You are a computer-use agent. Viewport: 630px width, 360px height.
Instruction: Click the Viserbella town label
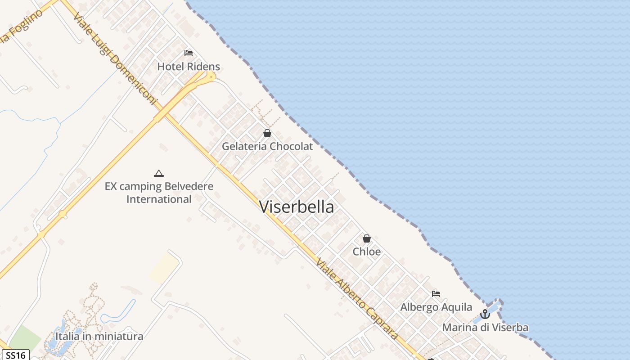(x=297, y=207)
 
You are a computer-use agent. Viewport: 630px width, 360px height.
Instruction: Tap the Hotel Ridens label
(x=189, y=67)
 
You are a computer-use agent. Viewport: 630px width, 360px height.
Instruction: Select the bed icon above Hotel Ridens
(x=189, y=53)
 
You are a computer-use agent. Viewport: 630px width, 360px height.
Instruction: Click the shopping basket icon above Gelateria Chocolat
(x=267, y=133)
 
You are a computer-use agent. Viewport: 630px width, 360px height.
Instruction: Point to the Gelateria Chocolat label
(x=267, y=146)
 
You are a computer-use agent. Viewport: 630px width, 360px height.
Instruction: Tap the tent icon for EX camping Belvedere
(x=158, y=173)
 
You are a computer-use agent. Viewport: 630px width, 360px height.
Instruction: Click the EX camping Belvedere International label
(x=159, y=193)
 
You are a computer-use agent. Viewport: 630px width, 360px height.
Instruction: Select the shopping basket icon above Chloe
(x=367, y=238)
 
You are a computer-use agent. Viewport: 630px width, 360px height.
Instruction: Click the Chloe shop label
(x=367, y=252)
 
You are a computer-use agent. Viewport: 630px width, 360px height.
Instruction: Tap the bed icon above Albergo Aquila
(x=436, y=294)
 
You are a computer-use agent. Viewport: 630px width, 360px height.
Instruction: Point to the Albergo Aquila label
(x=436, y=307)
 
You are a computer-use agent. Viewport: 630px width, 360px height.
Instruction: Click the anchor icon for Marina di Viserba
(x=485, y=314)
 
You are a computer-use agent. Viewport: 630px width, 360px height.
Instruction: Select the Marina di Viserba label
(x=485, y=328)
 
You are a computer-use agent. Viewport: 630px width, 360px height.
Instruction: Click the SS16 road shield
(x=15, y=355)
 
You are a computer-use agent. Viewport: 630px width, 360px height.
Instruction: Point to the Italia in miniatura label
(x=99, y=336)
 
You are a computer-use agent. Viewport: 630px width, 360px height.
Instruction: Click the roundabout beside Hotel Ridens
(x=209, y=77)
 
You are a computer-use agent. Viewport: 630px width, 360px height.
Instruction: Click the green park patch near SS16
(x=25, y=338)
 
